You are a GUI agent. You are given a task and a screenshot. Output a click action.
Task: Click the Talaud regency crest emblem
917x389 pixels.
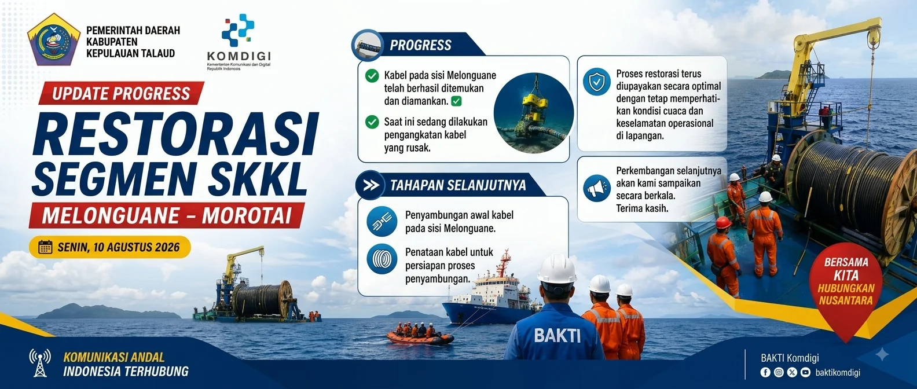tap(54, 39)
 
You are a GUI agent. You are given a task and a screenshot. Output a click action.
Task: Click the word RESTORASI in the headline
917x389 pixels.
tap(175, 134)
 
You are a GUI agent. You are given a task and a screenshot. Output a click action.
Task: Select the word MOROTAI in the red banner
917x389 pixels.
tap(247, 216)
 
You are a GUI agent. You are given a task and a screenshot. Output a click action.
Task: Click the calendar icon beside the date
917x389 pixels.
tap(45, 247)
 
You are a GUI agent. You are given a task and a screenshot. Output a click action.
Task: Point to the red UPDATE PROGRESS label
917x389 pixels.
tap(121, 93)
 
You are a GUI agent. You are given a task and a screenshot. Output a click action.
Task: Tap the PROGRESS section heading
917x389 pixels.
tap(420, 45)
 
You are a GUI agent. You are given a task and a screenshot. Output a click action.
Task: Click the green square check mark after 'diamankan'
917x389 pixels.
tap(456, 101)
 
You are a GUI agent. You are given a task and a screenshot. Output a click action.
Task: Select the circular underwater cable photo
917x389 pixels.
tap(533, 113)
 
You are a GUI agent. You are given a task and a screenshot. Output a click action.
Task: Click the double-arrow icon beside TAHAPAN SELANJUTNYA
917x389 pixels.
tap(371, 185)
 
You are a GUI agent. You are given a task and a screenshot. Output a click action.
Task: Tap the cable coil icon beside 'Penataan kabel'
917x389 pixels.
tap(382, 259)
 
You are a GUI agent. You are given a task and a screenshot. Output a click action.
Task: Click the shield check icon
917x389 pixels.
tap(596, 82)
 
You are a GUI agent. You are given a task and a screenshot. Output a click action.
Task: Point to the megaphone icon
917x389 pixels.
tap(596, 188)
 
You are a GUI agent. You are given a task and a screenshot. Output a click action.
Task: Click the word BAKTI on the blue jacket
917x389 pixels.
tap(557, 336)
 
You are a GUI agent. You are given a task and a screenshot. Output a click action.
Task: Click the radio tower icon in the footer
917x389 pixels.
tap(40, 363)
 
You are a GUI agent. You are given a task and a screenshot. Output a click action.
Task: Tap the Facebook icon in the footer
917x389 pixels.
tap(765, 372)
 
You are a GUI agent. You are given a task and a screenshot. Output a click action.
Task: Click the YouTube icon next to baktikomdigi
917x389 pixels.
tap(805, 372)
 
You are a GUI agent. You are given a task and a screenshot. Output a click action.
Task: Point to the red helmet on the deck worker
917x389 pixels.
tap(724, 222)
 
